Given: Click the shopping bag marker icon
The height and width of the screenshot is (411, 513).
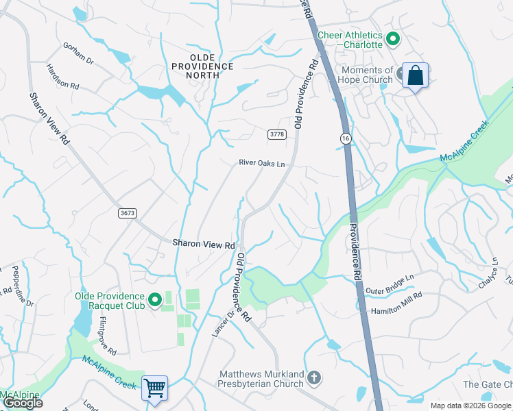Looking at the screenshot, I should (415, 75).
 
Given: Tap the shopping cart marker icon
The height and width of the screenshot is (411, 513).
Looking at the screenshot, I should (155, 388).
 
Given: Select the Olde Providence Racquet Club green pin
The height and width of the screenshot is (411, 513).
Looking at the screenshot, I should (155, 300).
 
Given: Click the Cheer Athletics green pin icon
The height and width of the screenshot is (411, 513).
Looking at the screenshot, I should (393, 40).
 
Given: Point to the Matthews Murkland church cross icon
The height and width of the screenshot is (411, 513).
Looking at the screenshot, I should (314, 378).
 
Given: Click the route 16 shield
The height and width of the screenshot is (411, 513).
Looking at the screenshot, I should (345, 138).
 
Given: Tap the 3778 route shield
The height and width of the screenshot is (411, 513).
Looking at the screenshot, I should (277, 134).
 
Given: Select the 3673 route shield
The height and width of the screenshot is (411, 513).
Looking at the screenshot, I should (127, 213).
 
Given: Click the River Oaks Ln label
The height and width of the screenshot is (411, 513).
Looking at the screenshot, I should (261, 164).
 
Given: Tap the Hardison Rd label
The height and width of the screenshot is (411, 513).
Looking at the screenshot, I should (63, 77).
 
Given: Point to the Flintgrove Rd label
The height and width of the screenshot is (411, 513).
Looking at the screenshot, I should (107, 336).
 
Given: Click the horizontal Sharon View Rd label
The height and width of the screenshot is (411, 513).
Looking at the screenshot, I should (204, 243).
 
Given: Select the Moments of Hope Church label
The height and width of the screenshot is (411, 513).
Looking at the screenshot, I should (367, 75).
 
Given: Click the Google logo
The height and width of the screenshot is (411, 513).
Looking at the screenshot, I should (22, 403).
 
